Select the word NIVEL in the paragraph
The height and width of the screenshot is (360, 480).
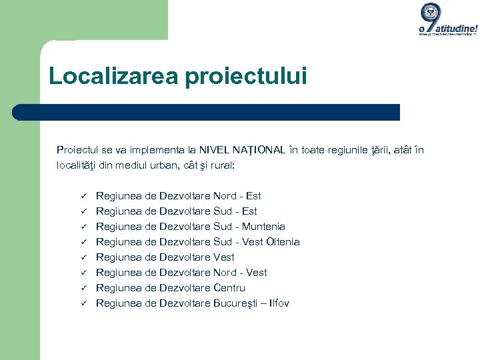click(x=215, y=150)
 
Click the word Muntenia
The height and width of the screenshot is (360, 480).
click(x=263, y=227)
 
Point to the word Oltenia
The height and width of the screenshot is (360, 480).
click(x=283, y=242)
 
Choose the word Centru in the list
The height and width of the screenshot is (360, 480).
click(x=229, y=288)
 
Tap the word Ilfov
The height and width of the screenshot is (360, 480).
click(x=279, y=303)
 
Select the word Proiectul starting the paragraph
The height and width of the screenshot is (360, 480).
click(x=77, y=150)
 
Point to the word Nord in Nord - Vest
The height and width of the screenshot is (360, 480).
click(x=225, y=273)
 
